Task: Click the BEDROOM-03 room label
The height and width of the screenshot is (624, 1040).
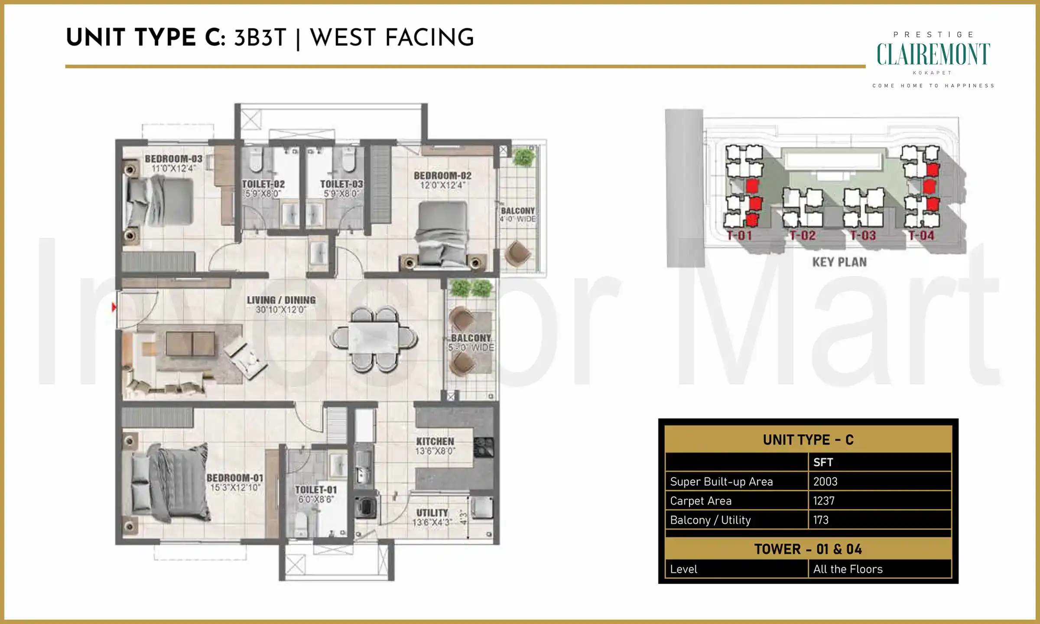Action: point(173,159)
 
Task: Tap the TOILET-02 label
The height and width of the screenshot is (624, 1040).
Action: point(263,184)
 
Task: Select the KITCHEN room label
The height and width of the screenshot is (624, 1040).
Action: point(435,442)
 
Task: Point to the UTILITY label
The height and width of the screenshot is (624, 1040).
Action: point(432,513)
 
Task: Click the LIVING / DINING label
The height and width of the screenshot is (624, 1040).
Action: point(281,300)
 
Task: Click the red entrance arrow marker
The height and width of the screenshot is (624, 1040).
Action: point(114,307)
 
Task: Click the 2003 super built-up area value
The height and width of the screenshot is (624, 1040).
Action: point(825,481)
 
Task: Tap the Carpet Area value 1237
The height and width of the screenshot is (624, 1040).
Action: point(823,501)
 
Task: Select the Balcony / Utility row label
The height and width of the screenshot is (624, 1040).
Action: point(710,520)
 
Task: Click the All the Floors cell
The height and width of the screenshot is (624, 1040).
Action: point(848,569)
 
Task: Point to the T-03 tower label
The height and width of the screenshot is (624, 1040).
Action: point(863,236)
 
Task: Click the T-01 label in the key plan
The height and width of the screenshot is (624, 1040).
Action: point(739,236)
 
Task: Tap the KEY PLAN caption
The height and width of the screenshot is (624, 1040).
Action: point(839,262)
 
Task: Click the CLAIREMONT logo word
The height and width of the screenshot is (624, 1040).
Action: point(933,55)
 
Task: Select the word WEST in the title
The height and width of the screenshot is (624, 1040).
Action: point(343,38)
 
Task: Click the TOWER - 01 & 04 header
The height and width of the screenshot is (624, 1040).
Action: point(808,549)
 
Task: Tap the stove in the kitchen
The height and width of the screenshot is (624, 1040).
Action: point(483,447)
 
